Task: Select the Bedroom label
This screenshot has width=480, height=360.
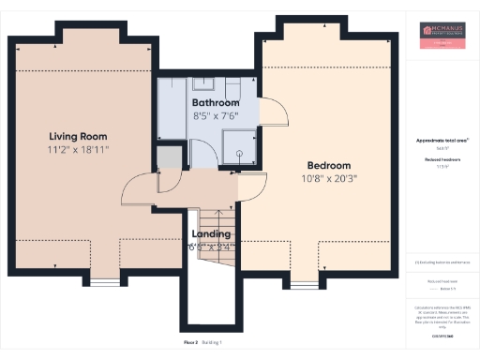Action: pyautogui.click(x=328, y=162)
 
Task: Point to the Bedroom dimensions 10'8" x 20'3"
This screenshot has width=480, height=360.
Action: pyautogui.click(x=329, y=177)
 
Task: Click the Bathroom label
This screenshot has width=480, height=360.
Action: pyautogui.click(x=216, y=102)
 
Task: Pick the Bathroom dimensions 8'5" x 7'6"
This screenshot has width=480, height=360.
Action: pyautogui.click(x=216, y=116)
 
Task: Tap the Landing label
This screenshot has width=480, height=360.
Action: pyautogui.click(x=211, y=233)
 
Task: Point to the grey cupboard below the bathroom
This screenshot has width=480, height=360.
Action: pyautogui.click(x=169, y=157)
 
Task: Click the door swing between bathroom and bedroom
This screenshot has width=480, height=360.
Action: pyautogui.click(x=272, y=113)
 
